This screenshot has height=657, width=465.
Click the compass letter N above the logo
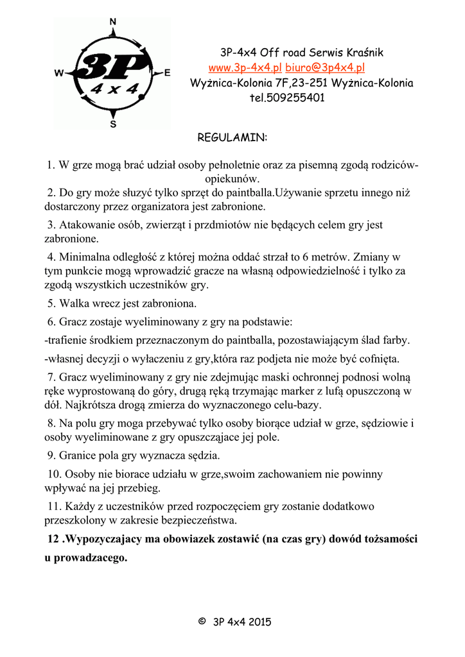pyautogui.click(x=113, y=22)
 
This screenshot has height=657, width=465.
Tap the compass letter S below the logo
pyautogui.click(x=114, y=124)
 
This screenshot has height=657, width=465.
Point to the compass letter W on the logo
pyautogui.click(x=59, y=73)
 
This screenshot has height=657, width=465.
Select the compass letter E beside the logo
pyautogui.click(x=168, y=73)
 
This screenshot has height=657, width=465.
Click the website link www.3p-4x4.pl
pyautogui.click(x=245, y=68)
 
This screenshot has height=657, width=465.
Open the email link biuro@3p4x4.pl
pyautogui.click(x=326, y=68)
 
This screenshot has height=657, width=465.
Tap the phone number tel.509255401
pyautogui.click(x=287, y=98)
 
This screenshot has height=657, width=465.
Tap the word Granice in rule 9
pyautogui.click(x=78, y=456)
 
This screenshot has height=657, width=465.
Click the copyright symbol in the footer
pyautogui.click(x=202, y=621)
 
